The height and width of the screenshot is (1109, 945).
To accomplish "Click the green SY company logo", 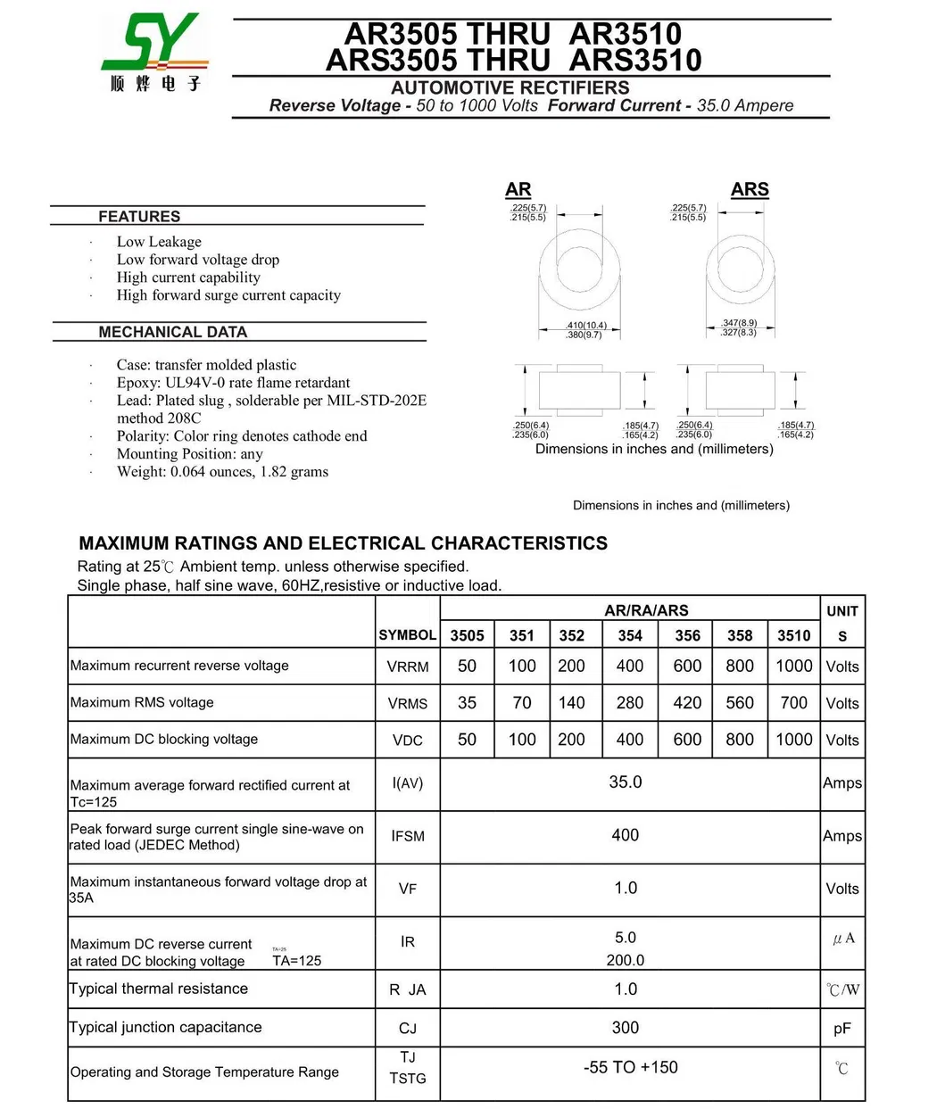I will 154,53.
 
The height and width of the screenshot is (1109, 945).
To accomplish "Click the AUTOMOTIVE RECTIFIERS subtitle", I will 510,87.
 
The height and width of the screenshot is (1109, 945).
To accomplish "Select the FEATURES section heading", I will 139,217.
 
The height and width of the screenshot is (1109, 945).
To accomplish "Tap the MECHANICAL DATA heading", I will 172,332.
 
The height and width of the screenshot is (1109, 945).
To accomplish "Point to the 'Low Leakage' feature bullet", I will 159,242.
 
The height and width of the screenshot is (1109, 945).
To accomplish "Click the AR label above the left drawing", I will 518,190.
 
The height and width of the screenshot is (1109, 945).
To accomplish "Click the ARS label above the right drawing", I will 749,190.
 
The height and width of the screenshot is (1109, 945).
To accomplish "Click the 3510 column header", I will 793,635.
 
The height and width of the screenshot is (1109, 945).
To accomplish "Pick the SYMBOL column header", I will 407,635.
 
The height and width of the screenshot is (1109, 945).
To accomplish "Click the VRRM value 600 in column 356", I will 687,666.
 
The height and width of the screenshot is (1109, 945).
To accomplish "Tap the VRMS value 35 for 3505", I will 467,703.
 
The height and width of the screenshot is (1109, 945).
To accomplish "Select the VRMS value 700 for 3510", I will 793,703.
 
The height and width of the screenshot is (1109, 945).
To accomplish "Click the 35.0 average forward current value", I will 625,782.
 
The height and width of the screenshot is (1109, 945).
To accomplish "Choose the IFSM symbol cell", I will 407,836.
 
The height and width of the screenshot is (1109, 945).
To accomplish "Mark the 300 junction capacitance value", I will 625,1028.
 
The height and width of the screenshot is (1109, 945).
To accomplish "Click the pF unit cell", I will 841,1029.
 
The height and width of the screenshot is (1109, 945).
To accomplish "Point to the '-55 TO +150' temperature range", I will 630,1067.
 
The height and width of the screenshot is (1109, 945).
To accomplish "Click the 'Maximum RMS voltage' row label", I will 142,703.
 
